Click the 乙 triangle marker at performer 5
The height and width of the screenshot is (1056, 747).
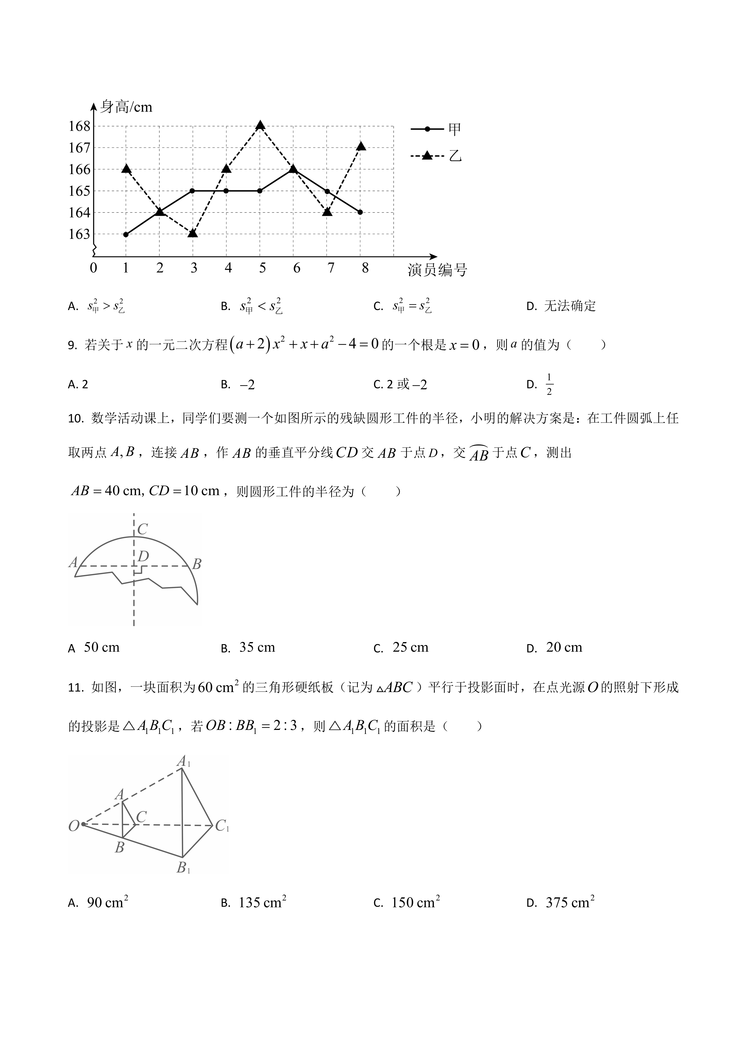[260, 125]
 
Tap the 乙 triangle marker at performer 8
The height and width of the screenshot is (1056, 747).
[361, 146]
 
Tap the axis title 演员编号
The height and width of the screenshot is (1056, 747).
[437, 270]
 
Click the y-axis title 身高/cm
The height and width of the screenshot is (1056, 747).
[126, 107]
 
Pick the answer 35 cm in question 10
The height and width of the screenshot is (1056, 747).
[257, 648]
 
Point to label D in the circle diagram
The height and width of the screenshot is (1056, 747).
[144, 557]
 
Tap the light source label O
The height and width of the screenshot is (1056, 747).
[74, 826]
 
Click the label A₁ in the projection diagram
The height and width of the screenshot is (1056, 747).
[183, 762]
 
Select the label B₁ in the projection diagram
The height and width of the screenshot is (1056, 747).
[183, 868]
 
